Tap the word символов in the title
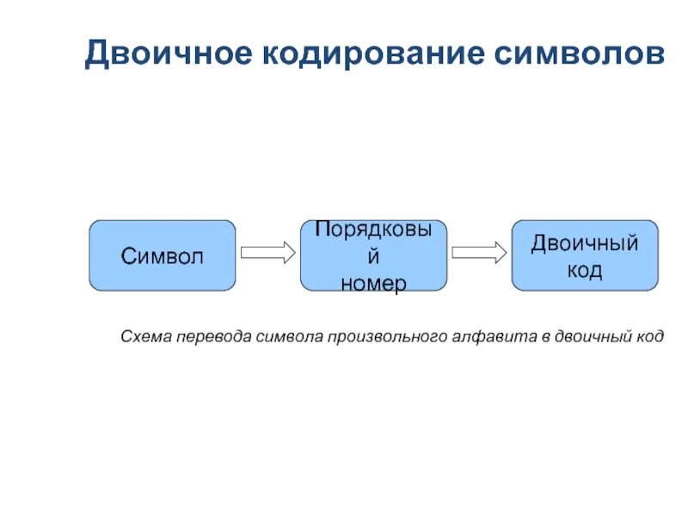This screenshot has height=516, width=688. [579, 54]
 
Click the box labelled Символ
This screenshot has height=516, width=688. [163, 255]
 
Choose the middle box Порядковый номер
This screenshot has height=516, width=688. [373, 255]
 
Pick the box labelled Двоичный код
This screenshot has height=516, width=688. [585, 255]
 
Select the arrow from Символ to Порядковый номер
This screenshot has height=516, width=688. [267, 253]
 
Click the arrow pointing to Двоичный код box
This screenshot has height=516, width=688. [479, 253]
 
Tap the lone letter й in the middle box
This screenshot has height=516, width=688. [373, 257]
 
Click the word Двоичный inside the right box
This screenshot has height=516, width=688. [585, 243]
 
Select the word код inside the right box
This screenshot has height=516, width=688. [585, 270]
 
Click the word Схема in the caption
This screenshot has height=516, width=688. [144, 336]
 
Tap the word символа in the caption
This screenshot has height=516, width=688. [288, 336]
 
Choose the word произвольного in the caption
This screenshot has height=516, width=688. [384, 336]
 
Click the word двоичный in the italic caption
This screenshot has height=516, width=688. [594, 336]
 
